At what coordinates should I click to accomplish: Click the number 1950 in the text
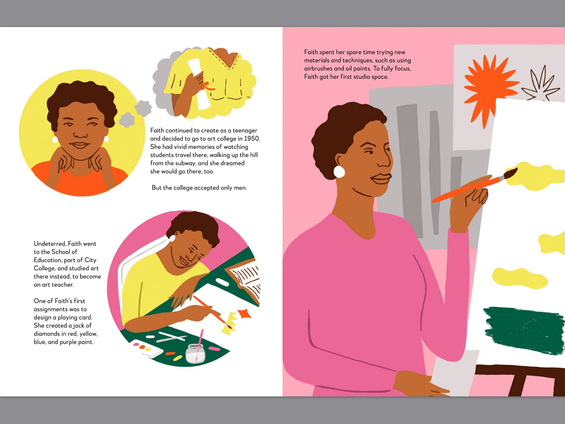[252, 139]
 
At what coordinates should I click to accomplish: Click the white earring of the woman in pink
[339, 172]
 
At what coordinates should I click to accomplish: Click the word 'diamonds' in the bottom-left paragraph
[46, 334]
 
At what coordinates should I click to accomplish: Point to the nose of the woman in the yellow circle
[80, 134]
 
